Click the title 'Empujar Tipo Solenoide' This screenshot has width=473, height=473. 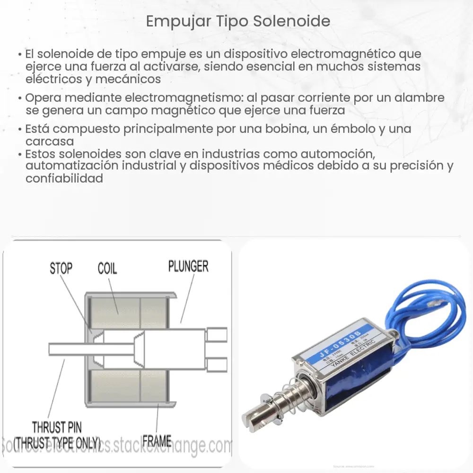click(238, 22)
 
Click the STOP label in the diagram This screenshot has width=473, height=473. click(61, 269)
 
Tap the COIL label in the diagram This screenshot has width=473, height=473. click(107, 269)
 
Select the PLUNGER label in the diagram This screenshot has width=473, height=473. click(188, 266)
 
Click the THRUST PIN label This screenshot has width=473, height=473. click(57, 428)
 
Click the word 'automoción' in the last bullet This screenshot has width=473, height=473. click(340, 154)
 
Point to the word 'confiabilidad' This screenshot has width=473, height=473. click(64, 178)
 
